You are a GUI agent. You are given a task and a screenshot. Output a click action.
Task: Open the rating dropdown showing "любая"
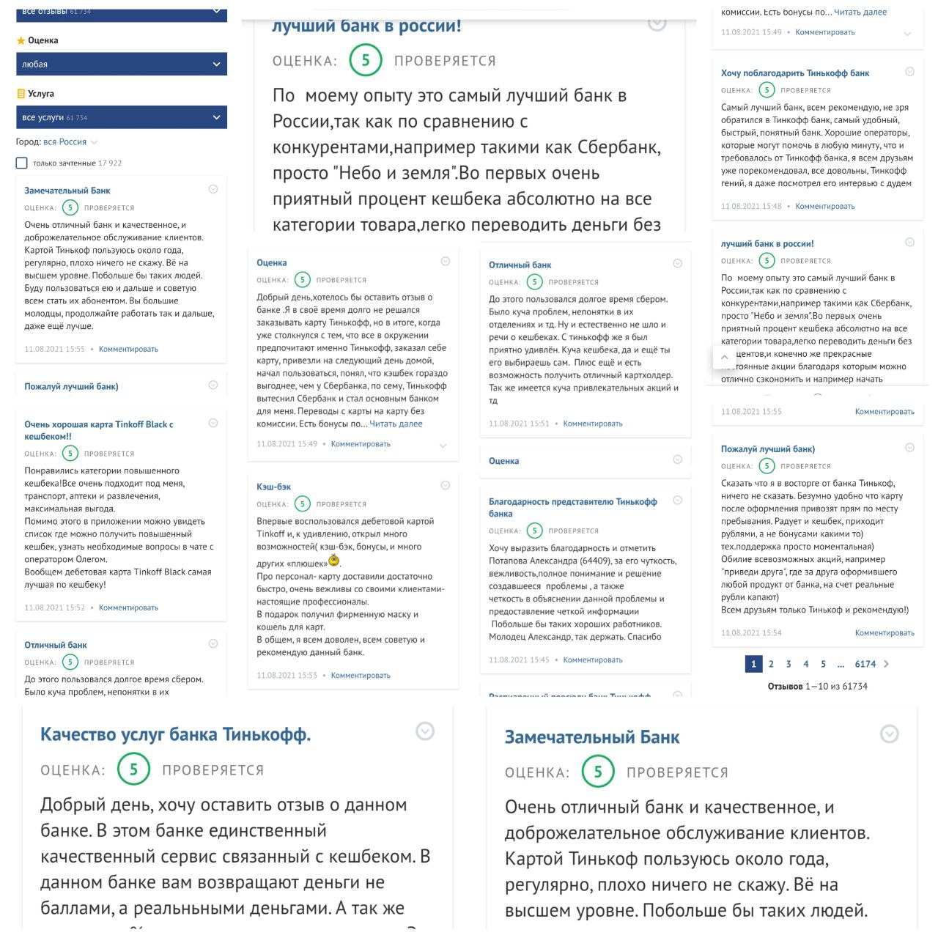click(121, 64)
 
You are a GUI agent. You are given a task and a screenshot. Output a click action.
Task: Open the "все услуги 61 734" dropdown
click(121, 117)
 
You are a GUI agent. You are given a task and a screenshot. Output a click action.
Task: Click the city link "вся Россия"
click(64, 142)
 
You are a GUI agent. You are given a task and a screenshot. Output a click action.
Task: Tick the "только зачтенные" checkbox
click(22, 163)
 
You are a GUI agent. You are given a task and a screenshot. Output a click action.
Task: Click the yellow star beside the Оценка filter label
click(21, 41)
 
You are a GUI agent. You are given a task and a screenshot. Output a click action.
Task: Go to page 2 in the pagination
click(771, 664)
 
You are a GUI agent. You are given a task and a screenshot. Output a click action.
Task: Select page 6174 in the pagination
click(865, 664)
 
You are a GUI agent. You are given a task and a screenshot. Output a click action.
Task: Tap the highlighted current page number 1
click(753, 664)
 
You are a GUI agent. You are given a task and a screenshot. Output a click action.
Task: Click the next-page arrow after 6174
click(887, 664)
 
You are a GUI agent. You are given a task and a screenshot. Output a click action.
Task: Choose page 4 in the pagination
click(805, 664)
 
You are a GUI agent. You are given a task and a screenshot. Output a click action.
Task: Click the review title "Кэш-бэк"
click(273, 487)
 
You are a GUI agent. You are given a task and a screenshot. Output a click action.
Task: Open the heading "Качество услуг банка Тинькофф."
click(175, 734)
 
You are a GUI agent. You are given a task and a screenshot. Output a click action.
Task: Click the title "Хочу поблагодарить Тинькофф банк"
click(794, 73)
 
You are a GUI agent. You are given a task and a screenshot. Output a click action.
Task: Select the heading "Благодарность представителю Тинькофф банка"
click(572, 507)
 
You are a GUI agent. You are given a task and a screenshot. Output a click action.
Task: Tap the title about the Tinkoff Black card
click(98, 430)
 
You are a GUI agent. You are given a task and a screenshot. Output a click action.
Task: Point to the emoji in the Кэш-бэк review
click(334, 561)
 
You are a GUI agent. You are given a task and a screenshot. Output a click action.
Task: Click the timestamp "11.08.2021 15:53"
click(287, 676)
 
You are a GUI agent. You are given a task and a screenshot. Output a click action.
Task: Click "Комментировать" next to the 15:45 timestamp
click(592, 660)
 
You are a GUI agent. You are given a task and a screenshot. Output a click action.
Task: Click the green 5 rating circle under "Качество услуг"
click(133, 769)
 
